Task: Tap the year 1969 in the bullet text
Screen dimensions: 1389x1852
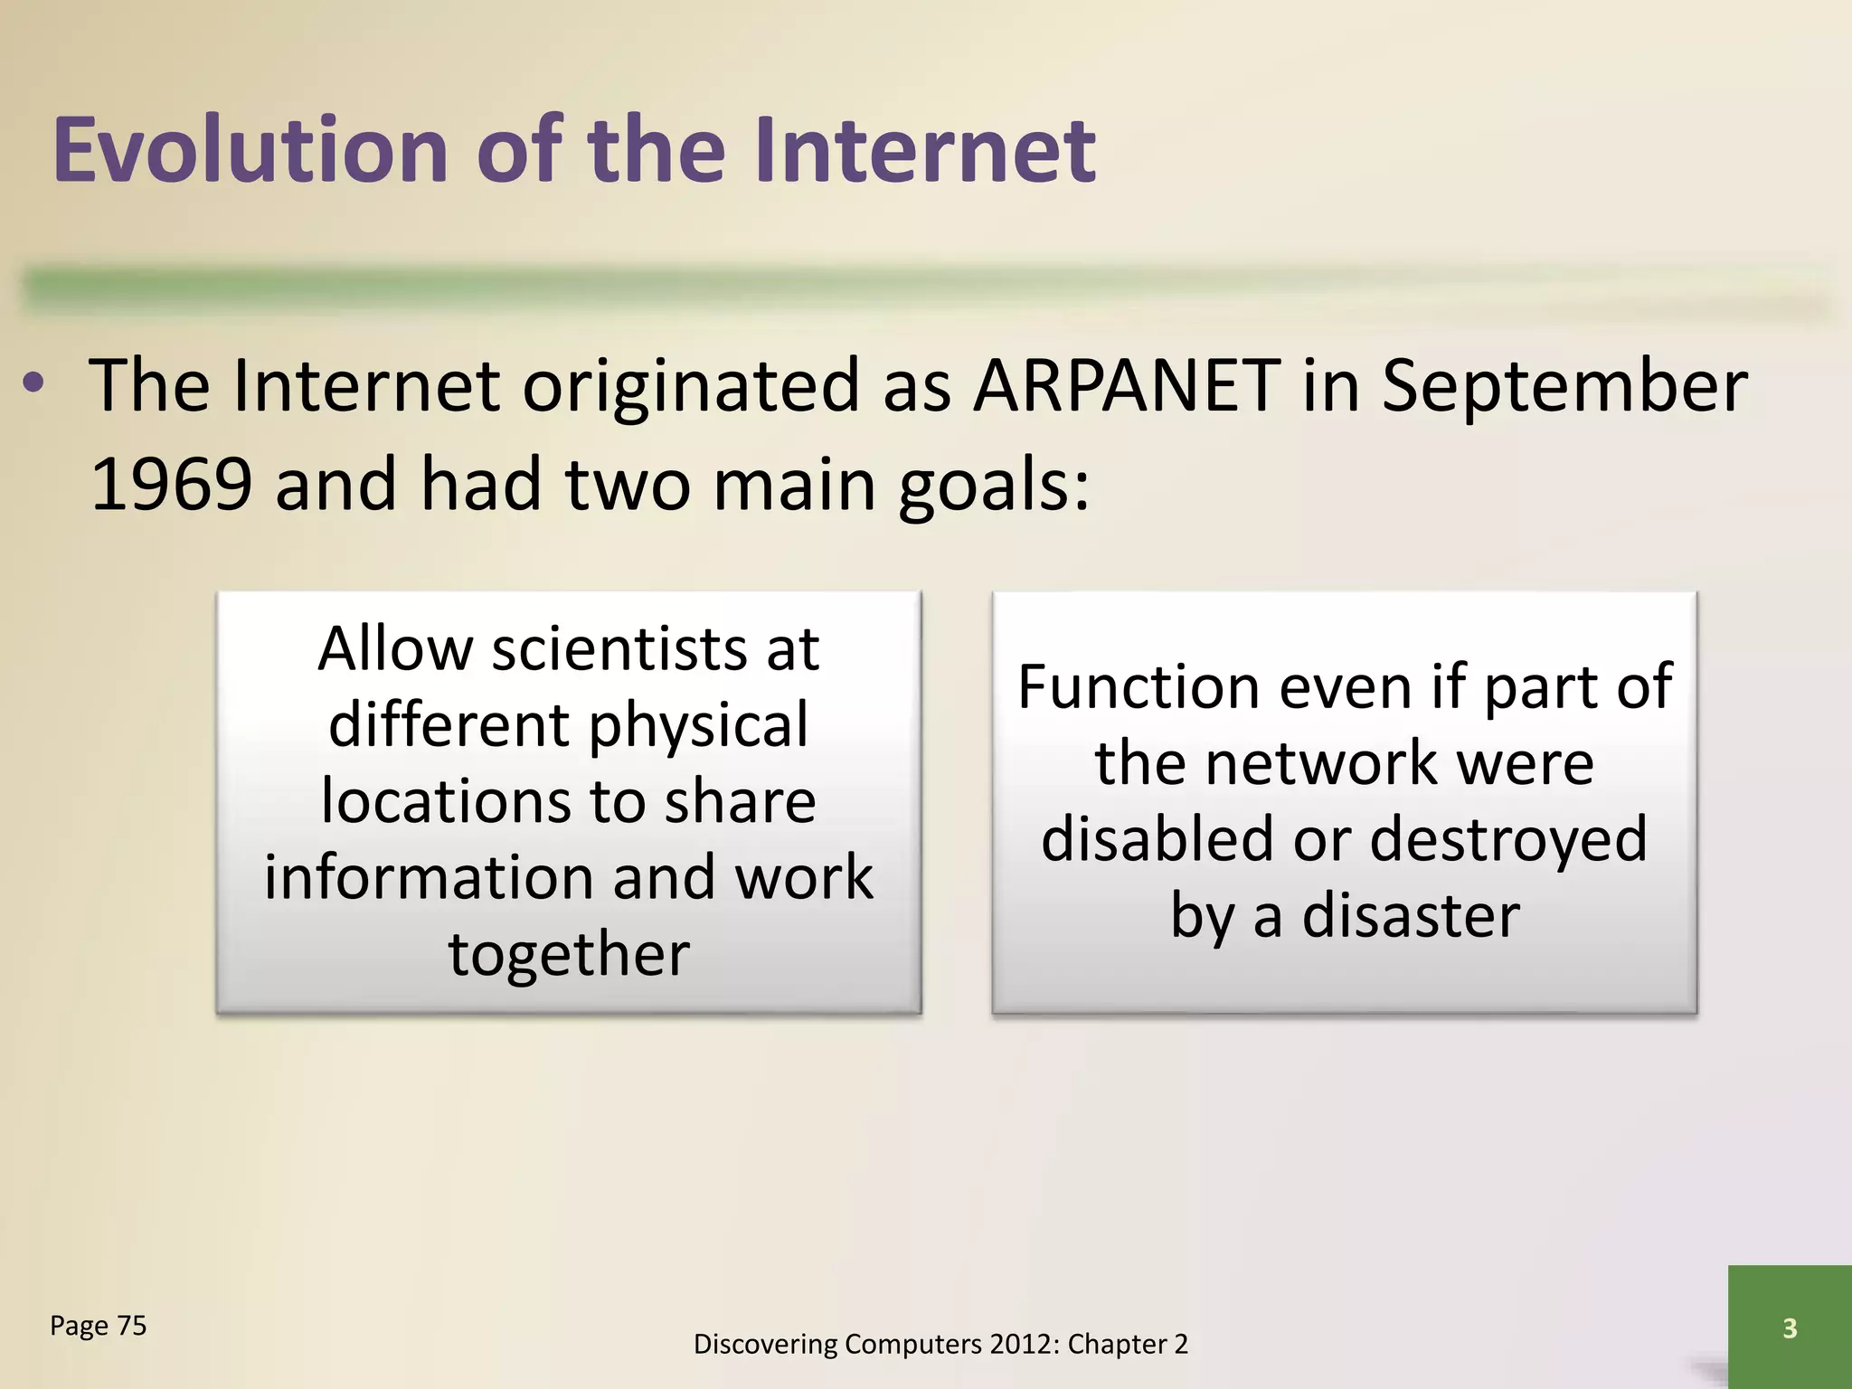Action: coord(171,485)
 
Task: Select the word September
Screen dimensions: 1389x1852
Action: coord(1564,386)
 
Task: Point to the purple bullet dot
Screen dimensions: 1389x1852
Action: coord(33,387)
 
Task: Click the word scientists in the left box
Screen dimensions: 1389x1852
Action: coord(619,649)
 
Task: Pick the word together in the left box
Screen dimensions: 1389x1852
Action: coord(569,954)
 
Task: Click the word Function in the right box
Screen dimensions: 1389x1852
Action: coord(1139,687)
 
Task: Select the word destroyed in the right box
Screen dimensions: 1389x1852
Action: coord(1508,839)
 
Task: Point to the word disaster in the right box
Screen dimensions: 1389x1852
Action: coord(1411,916)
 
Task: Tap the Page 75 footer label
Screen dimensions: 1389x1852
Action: coord(98,1326)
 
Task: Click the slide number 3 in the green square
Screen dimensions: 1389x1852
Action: coord(1789,1328)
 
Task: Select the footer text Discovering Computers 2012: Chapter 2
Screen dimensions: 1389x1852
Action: coord(940,1345)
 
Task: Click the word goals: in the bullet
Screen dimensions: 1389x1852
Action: coord(994,485)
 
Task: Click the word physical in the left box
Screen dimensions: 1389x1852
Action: coord(698,725)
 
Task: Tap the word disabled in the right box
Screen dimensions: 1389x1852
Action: coord(1157,839)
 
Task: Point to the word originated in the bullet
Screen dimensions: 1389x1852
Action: coord(689,386)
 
